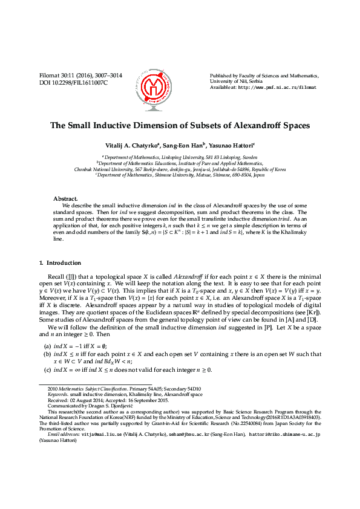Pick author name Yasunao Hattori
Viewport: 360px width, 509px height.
(x=231, y=146)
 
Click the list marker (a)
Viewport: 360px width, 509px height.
(x=47, y=345)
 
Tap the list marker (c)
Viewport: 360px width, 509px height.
(x=47, y=369)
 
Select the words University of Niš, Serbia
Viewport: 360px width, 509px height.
(x=238, y=81)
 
